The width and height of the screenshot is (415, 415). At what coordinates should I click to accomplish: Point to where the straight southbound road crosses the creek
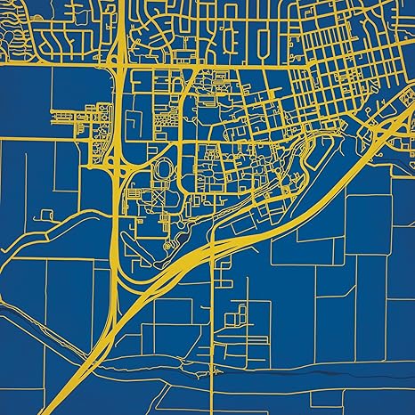click(x=214, y=363)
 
